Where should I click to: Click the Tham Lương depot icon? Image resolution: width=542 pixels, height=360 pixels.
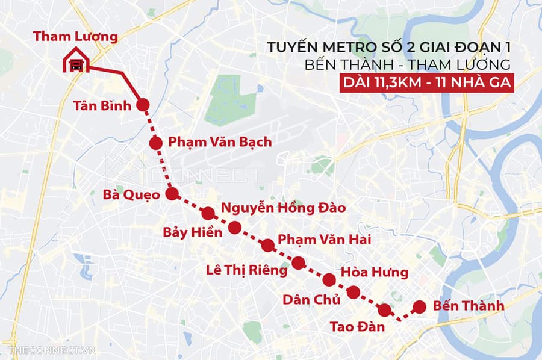(76, 61)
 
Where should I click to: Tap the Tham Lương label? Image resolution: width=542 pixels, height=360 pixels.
(75, 36)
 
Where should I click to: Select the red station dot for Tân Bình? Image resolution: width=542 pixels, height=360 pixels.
(143, 105)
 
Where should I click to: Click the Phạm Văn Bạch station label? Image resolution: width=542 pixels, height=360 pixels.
(220, 143)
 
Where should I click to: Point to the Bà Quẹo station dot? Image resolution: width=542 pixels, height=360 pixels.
(172, 194)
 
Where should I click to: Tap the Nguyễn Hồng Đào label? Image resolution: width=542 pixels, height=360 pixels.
(283, 209)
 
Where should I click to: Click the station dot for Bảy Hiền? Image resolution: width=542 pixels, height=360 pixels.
(235, 228)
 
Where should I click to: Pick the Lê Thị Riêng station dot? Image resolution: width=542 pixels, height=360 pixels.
(298, 262)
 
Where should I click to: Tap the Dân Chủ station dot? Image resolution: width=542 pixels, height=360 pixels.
(354, 293)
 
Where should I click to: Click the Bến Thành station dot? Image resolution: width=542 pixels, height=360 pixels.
(420, 306)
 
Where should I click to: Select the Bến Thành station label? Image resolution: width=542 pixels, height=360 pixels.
(467, 306)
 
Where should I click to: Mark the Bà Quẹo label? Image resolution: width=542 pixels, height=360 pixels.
(131, 195)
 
